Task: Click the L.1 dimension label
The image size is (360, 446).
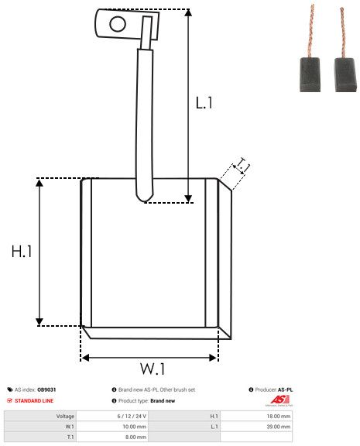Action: pyautogui.click(x=204, y=101)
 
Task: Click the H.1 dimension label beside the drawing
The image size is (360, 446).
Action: pyautogui.click(x=22, y=252)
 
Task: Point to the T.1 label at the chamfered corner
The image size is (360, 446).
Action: pyautogui.click(x=242, y=165)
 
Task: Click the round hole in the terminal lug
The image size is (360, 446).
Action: pyautogui.click(x=117, y=23)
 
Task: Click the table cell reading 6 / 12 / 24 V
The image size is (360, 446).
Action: pyautogui.click(x=135, y=416)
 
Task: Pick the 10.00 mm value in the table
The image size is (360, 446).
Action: pyautogui.click(x=135, y=426)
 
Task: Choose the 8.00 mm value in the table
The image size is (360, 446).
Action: pyautogui.click(x=135, y=437)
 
